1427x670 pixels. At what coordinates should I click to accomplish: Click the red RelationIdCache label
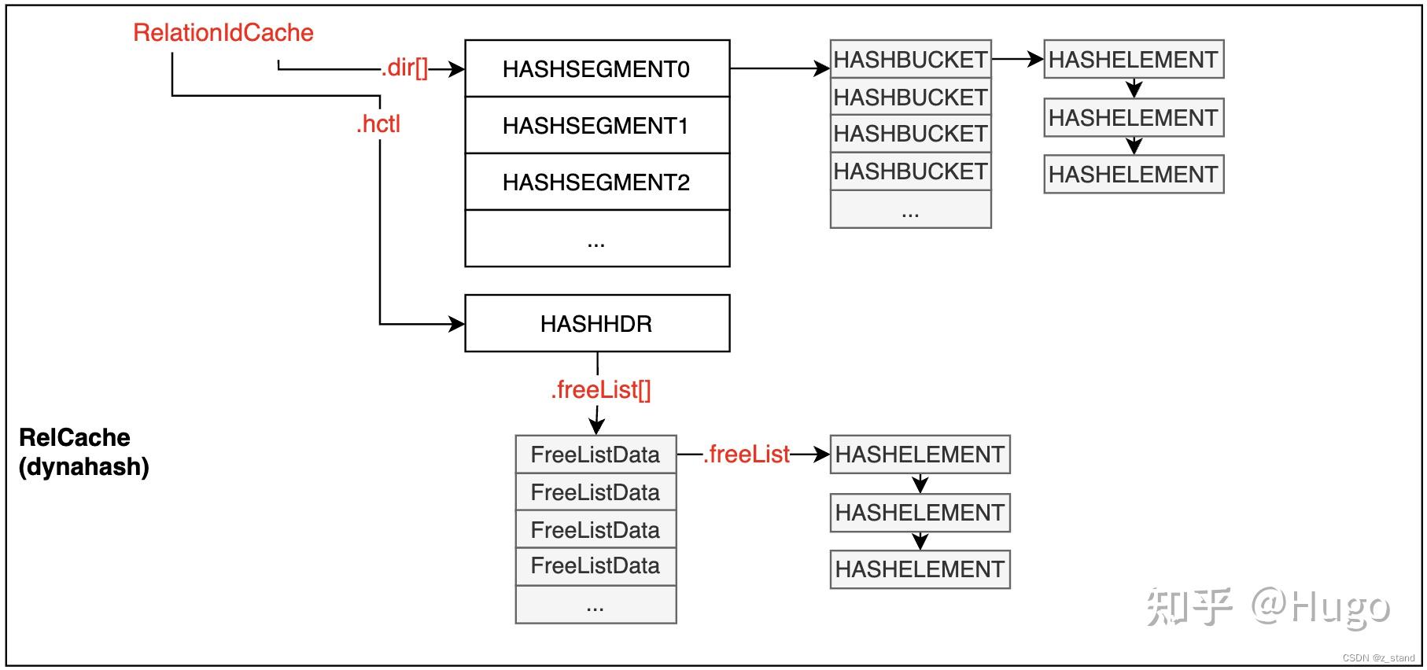pyautogui.click(x=223, y=33)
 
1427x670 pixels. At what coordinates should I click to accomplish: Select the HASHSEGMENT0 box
pyautogui.click(x=596, y=69)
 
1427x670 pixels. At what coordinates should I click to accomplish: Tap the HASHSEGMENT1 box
pyautogui.click(x=596, y=126)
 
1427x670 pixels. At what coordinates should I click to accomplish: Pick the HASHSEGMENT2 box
pyautogui.click(x=596, y=182)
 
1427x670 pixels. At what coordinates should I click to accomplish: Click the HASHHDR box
pyautogui.click(x=596, y=323)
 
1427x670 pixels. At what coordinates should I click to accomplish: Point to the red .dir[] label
pyautogui.click(x=404, y=68)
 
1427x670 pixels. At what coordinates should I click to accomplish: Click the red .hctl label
pyautogui.click(x=378, y=124)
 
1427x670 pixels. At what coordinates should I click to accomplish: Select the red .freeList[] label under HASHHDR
pyautogui.click(x=601, y=390)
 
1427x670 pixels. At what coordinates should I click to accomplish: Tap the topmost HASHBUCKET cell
pyautogui.click(x=910, y=60)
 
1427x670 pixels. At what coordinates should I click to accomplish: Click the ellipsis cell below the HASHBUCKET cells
pyautogui.click(x=910, y=210)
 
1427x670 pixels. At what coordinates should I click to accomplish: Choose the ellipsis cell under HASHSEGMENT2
pyautogui.click(x=596, y=239)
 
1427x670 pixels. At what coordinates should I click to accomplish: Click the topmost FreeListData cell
pyautogui.click(x=596, y=455)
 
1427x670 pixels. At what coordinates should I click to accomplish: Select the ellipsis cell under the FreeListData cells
pyautogui.click(x=596, y=605)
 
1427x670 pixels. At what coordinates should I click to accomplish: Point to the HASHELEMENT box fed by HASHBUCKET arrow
pyautogui.click(x=1133, y=60)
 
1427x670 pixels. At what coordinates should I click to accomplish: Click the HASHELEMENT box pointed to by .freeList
pyautogui.click(x=920, y=455)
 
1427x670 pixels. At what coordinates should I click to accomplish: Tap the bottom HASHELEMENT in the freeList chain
pyautogui.click(x=920, y=569)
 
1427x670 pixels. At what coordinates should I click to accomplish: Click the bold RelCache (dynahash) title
pyautogui.click(x=83, y=452)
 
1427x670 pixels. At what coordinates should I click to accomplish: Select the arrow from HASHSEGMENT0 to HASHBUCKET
pyautogui.click(x=779, y=69)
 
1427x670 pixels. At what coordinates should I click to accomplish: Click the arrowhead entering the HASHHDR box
pyautogui.click(x=455, y=323)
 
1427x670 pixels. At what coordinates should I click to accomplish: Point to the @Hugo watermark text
pyautogui.click(x=1322, y=606)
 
